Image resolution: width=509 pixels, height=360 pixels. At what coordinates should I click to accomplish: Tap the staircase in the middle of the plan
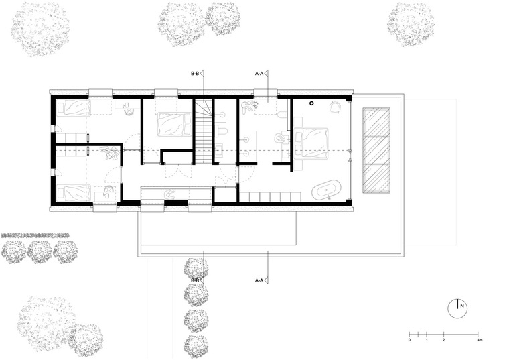pos(204,131)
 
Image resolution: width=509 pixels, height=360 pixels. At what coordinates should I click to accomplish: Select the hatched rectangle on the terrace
pos(376,150)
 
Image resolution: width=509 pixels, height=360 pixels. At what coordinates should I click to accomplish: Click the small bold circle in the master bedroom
pos(311,103)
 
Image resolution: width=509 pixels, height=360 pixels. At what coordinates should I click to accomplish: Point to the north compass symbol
pos(457,308)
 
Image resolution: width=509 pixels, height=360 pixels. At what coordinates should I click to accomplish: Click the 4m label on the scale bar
pos(480,340)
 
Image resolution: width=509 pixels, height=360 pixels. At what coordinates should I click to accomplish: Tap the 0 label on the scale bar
pos(409,340)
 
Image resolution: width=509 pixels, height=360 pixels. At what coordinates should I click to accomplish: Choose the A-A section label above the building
pos(259,74)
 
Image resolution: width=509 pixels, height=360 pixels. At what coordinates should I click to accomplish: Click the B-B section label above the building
pos(195,74)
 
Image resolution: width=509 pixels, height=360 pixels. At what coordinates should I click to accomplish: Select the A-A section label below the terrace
pos(259,280)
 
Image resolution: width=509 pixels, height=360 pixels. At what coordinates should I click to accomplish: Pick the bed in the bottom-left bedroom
pos(74,193)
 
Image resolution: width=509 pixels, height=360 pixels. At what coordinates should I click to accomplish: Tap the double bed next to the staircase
pos(174,125)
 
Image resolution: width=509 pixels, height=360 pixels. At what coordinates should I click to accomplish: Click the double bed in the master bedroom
pos(311,143)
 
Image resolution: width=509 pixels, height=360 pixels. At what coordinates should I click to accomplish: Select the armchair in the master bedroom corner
pos(335,107)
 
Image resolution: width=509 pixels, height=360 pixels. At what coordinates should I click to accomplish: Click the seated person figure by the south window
pos(169,194)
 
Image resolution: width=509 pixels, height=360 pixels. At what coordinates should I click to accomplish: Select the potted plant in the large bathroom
pos(249,106)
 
